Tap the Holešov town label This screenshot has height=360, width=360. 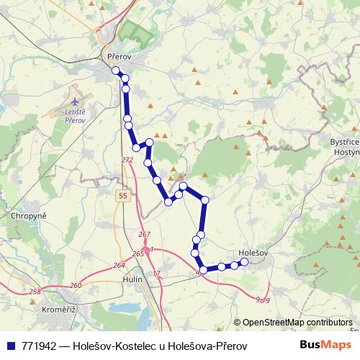[253, 253]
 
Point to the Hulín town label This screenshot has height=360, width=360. [133, 278]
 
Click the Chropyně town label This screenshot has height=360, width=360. [29, 215]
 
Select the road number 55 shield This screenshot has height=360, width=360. [124, 195]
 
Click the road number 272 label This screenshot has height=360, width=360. [127, 160]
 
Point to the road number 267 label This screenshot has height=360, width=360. [143, 235]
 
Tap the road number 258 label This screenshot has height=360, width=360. [35, 291]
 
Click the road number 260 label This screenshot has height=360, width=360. [76, 285]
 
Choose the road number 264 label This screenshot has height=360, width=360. [119, 265]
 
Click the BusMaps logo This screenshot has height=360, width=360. [328, 346]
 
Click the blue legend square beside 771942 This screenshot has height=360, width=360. [10, 346]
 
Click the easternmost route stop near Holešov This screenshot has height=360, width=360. [244, 262]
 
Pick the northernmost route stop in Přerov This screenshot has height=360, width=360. [115, 70]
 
